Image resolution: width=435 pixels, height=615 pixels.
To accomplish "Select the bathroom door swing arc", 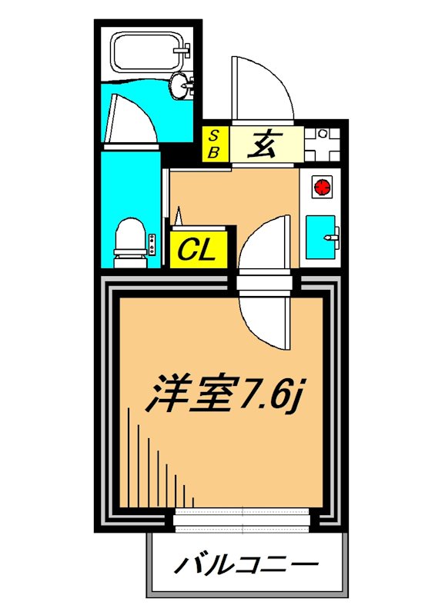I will pos(131,118).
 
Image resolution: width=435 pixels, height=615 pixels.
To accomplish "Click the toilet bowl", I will pos(129,236).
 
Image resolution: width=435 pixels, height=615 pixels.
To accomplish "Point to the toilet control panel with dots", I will pos(152,244).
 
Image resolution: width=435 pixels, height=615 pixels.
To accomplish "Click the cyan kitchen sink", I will pos(320,237).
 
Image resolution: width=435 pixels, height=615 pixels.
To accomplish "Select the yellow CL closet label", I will pos(199,249).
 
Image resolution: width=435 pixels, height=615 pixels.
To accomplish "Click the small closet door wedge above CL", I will pos(178,217).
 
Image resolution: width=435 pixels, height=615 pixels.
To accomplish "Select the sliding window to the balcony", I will pos(244,520).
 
